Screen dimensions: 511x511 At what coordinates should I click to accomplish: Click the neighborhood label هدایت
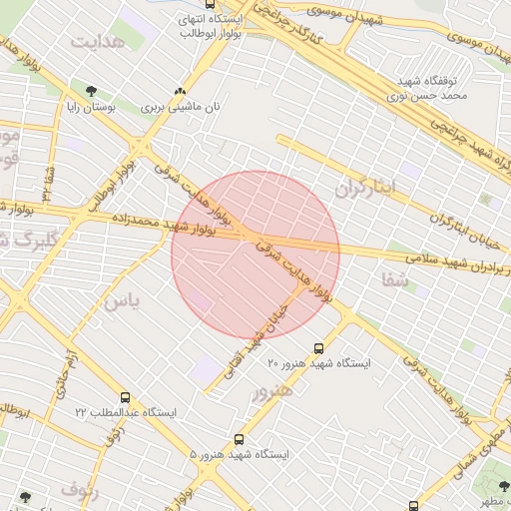(97, 41)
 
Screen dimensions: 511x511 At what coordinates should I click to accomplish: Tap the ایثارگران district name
(365, 187)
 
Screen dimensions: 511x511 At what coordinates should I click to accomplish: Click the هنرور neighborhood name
(273, 392)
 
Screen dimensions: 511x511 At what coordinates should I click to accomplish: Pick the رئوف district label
(79, 489)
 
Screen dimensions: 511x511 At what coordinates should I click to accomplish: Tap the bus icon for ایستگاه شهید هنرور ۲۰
(318, 348)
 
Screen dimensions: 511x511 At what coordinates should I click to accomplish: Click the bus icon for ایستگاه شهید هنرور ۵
(239, 438)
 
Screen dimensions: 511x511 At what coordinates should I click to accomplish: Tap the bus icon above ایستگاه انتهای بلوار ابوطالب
(209, 5)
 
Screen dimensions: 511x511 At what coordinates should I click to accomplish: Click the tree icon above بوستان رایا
(91, 91)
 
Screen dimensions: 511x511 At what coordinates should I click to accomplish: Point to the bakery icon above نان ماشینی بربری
(180, 90)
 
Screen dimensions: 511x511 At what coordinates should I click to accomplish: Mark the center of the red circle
(255, 255)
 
